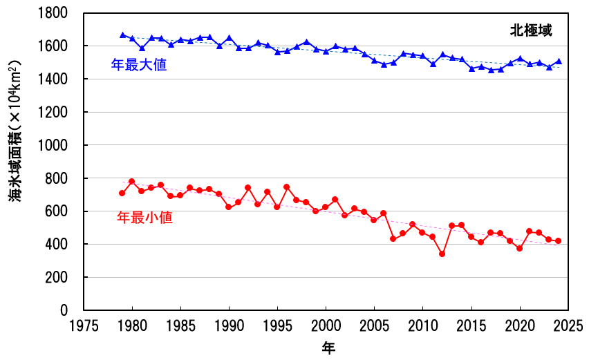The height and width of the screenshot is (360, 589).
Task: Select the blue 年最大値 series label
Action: (139, 65)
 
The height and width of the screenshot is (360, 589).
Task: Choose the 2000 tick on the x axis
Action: (326, 324)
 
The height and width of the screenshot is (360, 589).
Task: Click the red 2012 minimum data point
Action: (442, 254)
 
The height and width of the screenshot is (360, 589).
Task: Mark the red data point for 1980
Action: (131, 181)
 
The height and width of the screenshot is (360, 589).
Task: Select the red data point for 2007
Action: (393, 238)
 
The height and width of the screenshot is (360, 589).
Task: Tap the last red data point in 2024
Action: (559, 241)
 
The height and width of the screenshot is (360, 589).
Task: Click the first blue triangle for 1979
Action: (122, 35)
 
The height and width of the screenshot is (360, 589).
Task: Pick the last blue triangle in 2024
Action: (559, 61)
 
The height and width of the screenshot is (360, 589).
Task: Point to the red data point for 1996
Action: (287, 187)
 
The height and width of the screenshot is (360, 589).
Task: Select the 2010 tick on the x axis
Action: (422, 324)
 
